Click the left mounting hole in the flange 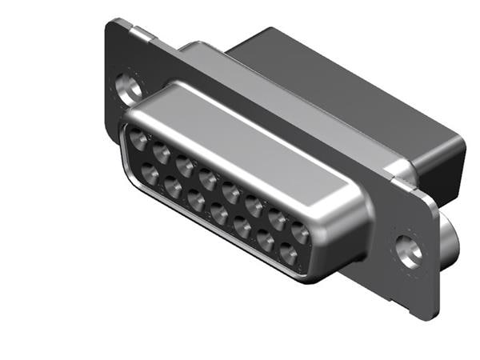coord(126,86)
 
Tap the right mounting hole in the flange coord(410,250)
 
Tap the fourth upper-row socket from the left coord(209,179)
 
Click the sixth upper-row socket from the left coord(254,206)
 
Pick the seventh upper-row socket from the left coord(278,219)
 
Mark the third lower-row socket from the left coord(196,200)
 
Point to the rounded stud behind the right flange coord(450,240)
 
